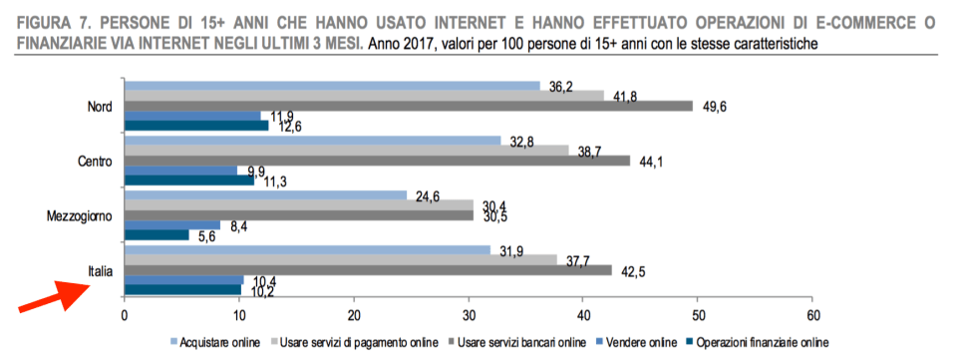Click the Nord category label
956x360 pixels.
[x=101, y=107]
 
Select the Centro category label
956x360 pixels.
[x=96, y=162]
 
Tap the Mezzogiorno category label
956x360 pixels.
[x=85, y=215]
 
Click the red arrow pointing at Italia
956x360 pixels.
[x=54, y=294]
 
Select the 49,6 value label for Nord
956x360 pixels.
[x=716, y=107]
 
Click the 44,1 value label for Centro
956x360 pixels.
[x=652, y=162]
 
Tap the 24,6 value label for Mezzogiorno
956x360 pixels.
[x=429, y=195]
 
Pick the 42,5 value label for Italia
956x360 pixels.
[x=634, y=270]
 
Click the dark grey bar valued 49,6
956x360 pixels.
[x=408, y=106]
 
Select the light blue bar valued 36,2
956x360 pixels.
[x=331, y=86]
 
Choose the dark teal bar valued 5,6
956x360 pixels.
[x=156, y=234]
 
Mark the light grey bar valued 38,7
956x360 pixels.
[x=346, y=150]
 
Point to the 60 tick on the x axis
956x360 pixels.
[x=812, y=315]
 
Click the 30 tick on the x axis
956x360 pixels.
[x=469, y=315]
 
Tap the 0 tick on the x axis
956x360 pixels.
[x=124, y=315]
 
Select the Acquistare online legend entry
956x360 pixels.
[x=217, y=342]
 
